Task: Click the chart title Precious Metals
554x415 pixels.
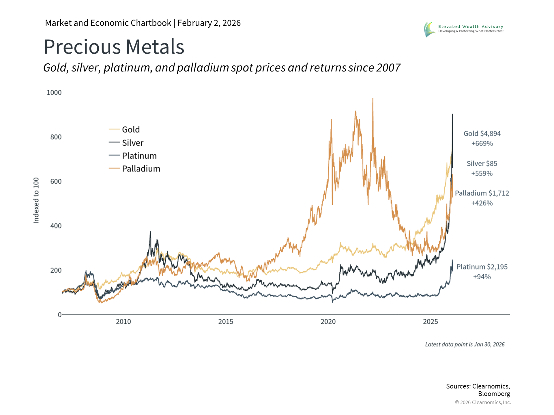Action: pos(114,47)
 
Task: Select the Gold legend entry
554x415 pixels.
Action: pos(130,129)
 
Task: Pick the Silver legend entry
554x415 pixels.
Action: pos(132,143)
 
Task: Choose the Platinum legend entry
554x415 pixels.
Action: pos(139,156)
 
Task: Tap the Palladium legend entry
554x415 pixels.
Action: pos(141,169)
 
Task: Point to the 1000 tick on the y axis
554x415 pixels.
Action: pos(54,93)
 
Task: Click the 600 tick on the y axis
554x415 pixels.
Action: pos(56,181)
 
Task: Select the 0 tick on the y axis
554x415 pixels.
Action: pos(60,315)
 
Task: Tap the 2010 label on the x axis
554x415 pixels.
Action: pos(123,322)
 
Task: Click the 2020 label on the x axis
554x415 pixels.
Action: pos(328,322)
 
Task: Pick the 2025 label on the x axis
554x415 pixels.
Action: pos(430,322)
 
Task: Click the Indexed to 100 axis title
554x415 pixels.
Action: pos(36,200)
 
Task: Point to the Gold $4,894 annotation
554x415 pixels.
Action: pos(482,133)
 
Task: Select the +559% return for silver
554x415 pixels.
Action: pos(482,173)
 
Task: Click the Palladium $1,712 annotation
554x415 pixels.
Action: pos(482,193)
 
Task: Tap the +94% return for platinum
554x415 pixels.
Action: pos(482,277)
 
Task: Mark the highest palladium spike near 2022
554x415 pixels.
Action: pos(373,99)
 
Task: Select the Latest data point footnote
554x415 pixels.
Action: pos(465,344)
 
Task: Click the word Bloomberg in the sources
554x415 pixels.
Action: pos(494,394)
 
